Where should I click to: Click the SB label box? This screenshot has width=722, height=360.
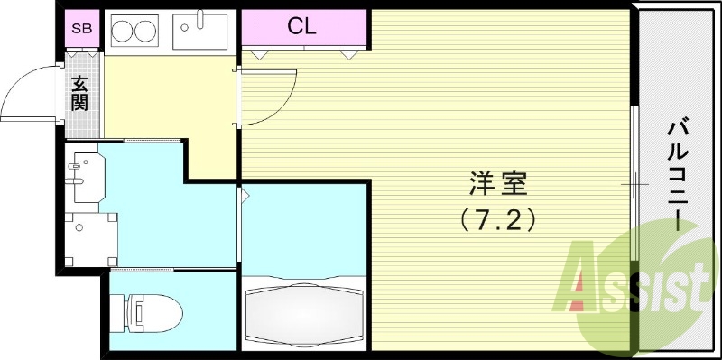point(80,27)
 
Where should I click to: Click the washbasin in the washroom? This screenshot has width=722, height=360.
point(88,177)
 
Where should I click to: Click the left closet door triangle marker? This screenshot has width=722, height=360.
point(260,54)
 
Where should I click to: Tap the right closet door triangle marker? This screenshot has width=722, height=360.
point(347,54)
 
